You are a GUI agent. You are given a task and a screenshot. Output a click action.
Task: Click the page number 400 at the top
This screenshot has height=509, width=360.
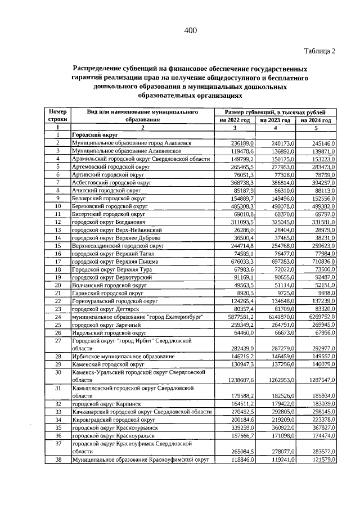[x=190, y=30]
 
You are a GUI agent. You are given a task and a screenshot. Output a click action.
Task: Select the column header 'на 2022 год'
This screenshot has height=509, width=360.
[x=235, y=120]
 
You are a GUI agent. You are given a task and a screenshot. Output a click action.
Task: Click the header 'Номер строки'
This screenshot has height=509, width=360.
[x=57, y=116]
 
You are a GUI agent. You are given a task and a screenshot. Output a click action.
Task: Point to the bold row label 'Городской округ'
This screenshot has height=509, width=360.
[x=94, y=136]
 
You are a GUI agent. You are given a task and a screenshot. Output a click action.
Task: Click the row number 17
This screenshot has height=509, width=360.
[x=57, y=262]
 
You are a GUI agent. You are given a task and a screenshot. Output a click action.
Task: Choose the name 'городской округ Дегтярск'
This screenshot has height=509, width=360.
[x=104, y=309]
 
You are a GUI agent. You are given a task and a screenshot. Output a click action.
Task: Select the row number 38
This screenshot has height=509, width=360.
[x=57, y=460]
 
